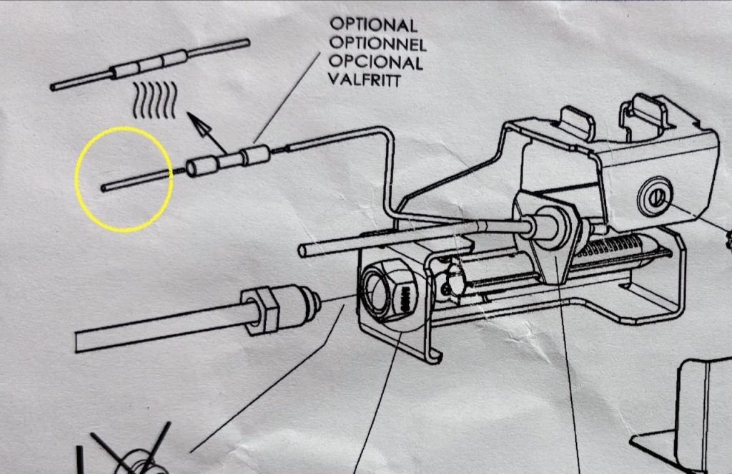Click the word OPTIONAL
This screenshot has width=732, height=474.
tap(373, 24)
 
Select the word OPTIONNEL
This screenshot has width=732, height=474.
tap(377, 44)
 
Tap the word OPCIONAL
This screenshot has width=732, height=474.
tap(376, 62)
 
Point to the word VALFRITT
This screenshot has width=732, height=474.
tap(364, 80)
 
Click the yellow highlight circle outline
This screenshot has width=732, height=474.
tap(77, 179)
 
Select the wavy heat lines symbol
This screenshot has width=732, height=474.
tap(155, 100)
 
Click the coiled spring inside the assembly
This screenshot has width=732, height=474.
tap(612, 248)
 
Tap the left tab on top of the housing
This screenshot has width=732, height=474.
tap(577, 122)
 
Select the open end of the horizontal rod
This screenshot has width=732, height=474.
tap(303, 251)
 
